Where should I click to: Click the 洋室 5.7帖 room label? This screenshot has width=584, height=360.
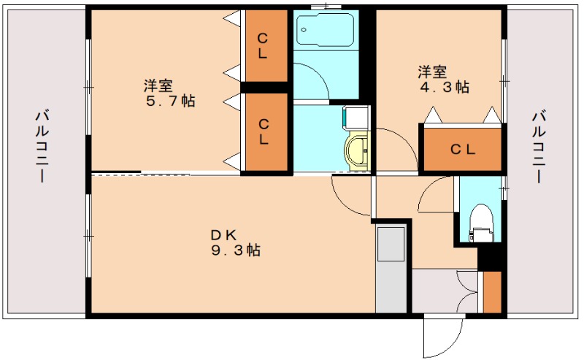170,93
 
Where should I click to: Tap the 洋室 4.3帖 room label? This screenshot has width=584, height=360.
443,79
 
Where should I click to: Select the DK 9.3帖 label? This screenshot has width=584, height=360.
236,242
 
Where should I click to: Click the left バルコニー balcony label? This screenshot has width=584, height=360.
42,146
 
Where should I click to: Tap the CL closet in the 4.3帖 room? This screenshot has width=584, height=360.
463,150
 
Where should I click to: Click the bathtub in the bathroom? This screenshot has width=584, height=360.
325,29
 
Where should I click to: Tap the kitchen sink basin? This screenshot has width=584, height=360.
391,244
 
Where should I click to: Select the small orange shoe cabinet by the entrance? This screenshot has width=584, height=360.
492,293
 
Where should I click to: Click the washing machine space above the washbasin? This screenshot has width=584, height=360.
356,118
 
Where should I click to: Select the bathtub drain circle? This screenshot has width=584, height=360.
304,30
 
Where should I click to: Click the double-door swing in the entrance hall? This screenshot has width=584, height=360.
466,293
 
